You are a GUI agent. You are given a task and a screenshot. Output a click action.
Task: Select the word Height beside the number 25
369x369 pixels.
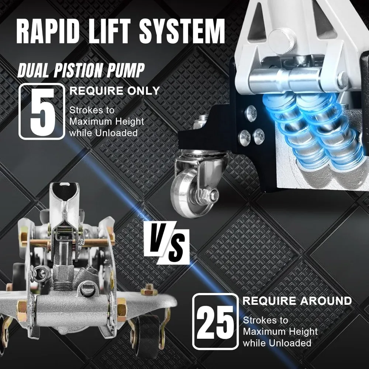[x=299, y=331]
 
